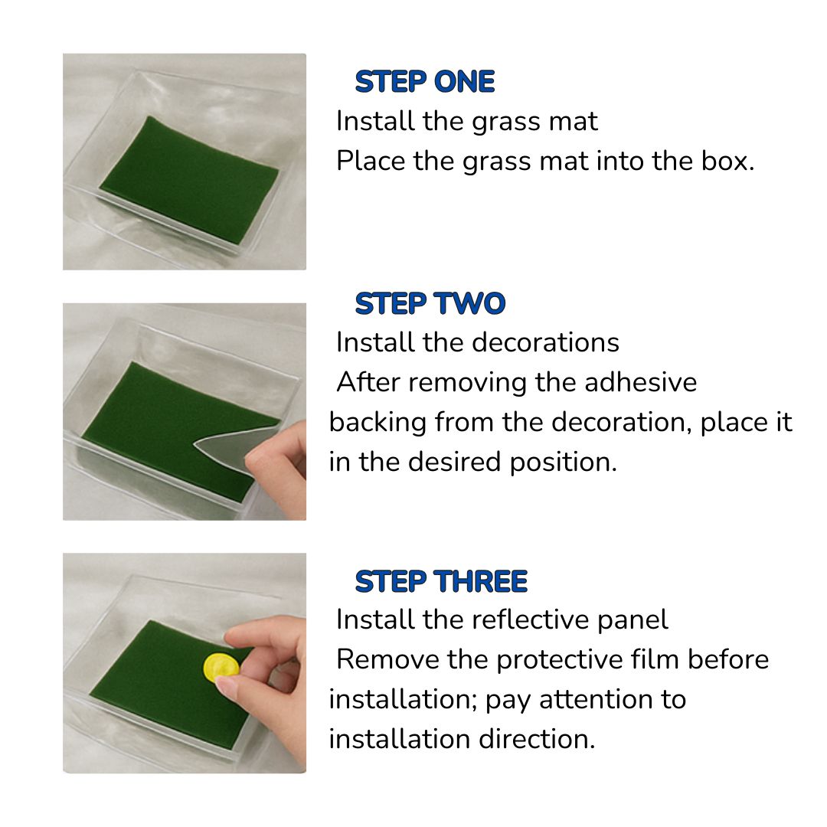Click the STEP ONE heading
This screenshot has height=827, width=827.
point(425,82)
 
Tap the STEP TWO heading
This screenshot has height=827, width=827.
point(430,304)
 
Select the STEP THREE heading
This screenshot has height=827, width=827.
point(441,582)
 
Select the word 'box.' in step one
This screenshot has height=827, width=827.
point(727,162)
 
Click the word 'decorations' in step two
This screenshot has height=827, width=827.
point(559,342)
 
